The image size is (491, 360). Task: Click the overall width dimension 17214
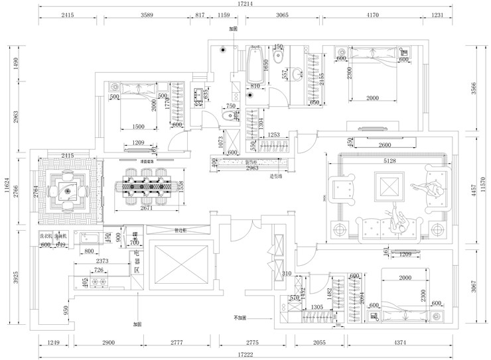click(x=246, y=5)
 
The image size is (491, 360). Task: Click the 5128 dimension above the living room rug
click(x=390, y=161)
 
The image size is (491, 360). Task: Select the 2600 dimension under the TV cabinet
click(x=388, y=146)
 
